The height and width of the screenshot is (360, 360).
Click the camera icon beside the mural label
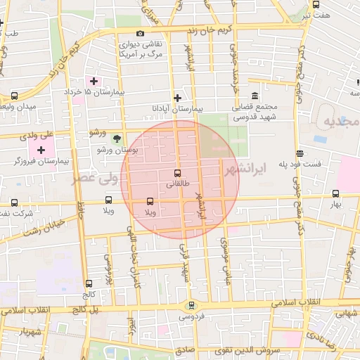(140, 34)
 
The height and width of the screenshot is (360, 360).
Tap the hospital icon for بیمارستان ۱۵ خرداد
(94, 81)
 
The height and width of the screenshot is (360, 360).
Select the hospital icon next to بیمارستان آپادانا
(177, 98)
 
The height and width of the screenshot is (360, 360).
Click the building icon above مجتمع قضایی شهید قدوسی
(254, 96)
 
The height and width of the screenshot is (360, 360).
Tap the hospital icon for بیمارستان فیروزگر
(41, 150)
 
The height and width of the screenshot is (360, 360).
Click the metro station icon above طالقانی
(176, 173)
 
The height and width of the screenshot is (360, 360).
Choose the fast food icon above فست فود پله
(300, 153)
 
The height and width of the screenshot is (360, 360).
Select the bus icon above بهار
(336, 193)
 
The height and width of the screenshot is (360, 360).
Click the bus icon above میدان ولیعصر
(15, 96)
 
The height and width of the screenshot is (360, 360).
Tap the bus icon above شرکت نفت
(15, 201)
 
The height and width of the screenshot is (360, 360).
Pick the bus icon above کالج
(89, 283)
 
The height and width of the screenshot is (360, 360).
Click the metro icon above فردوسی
(191, 304)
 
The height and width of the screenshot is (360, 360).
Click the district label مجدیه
(342, 122)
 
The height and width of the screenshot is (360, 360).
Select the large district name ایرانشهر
(245, 169)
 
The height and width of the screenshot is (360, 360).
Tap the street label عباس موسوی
(226, 252)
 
